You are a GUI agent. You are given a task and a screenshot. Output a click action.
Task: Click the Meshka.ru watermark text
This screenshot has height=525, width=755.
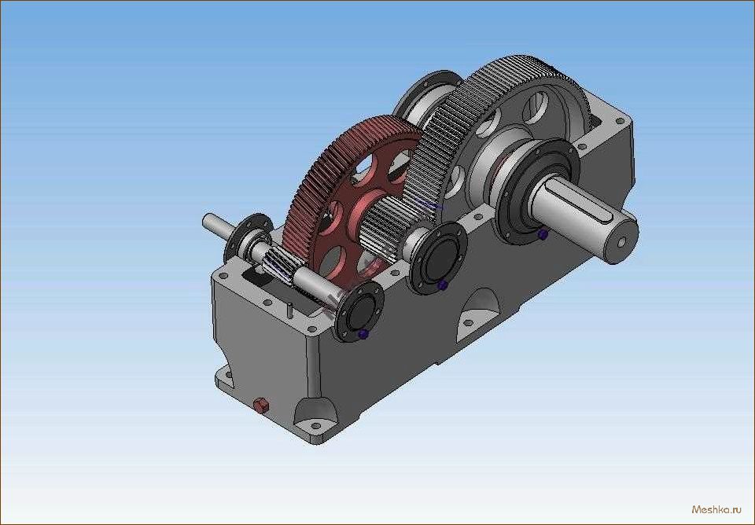(716, 509)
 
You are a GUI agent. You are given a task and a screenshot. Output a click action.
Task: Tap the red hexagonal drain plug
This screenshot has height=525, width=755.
(260, 406)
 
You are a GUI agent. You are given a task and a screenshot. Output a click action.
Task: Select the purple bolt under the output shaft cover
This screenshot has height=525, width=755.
(543, 234)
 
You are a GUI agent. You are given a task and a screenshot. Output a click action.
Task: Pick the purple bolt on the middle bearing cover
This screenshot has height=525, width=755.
(443, 285)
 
